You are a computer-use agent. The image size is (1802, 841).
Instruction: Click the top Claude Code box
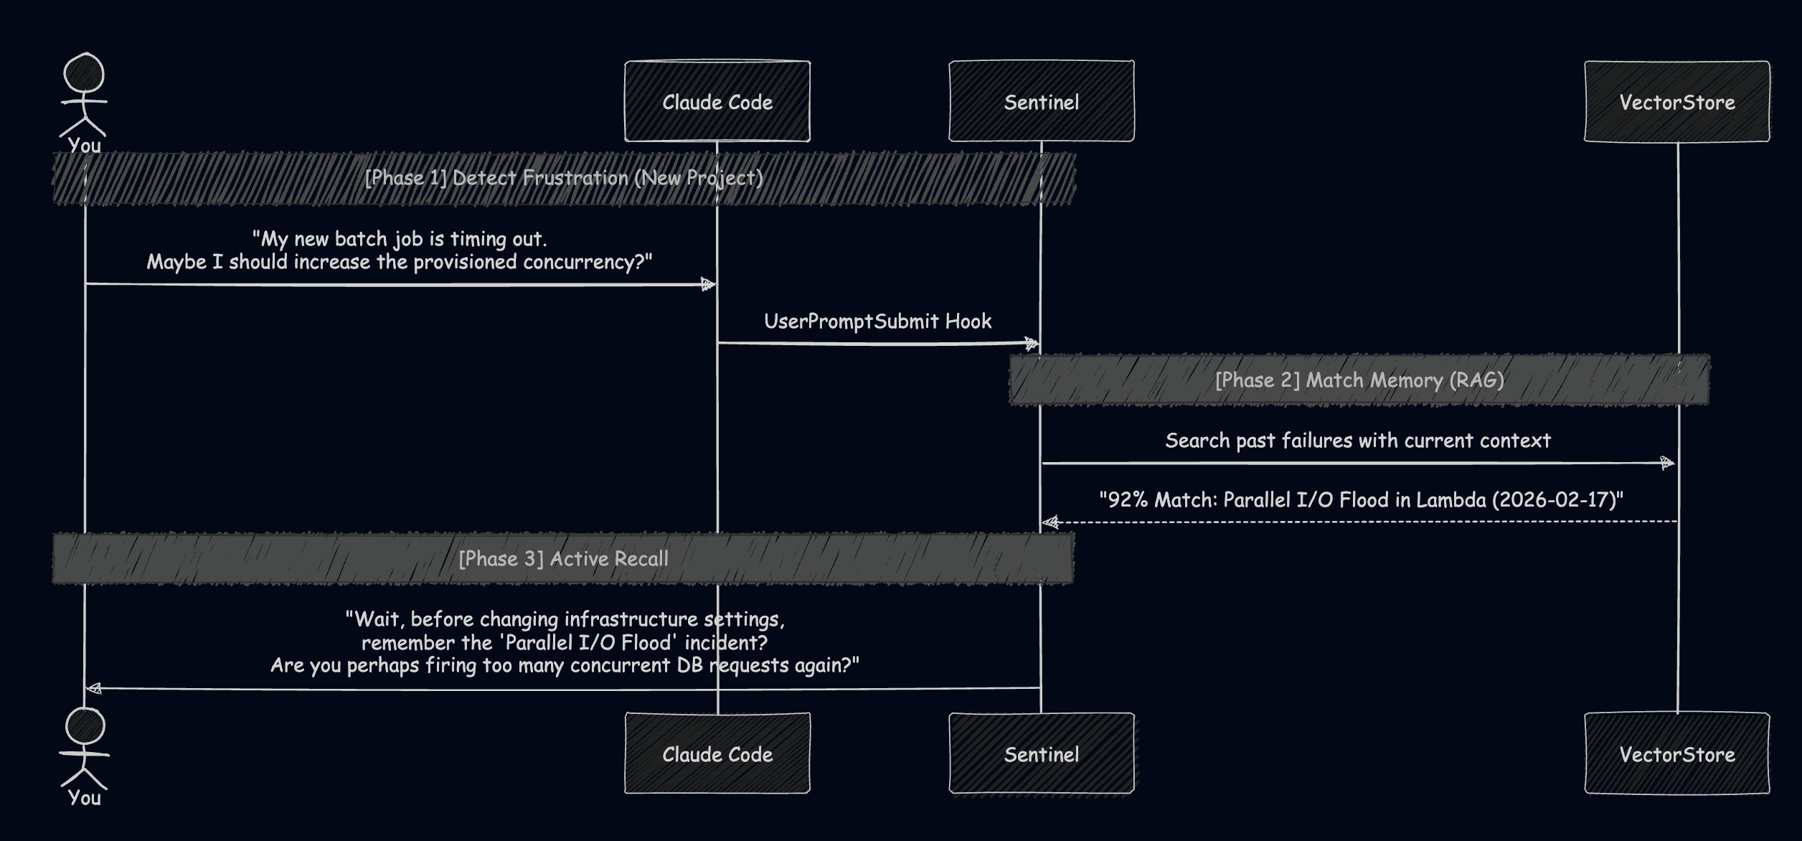coord(717,101)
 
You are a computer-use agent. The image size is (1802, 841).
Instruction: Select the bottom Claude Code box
coord(717,753)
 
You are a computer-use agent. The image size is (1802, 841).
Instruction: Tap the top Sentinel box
coord(1042,101)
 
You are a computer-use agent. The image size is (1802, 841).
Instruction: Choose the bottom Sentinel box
coord(1042,753)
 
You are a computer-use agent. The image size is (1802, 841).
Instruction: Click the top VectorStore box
coord(1677,101)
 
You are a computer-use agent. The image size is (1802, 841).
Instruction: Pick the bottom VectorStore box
coord(1677,753)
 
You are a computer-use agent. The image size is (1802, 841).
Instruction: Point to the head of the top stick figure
coord(84,73)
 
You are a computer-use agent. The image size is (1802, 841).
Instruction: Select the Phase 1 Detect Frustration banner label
coord(564,178)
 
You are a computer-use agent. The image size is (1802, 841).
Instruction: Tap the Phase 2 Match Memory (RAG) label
coord(1359,380)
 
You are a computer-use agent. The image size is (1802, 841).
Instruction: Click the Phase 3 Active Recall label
coord(564,559)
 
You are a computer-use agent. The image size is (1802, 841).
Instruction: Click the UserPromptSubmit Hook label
coord(877,321)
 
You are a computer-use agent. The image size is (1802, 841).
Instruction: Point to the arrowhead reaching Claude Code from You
coord(709,285)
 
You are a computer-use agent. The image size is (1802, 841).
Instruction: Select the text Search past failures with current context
coord(1357,441)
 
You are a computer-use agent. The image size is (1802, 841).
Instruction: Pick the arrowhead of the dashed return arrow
coord(1051,522)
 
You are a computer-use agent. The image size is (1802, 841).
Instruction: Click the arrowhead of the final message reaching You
coord(93,689)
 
